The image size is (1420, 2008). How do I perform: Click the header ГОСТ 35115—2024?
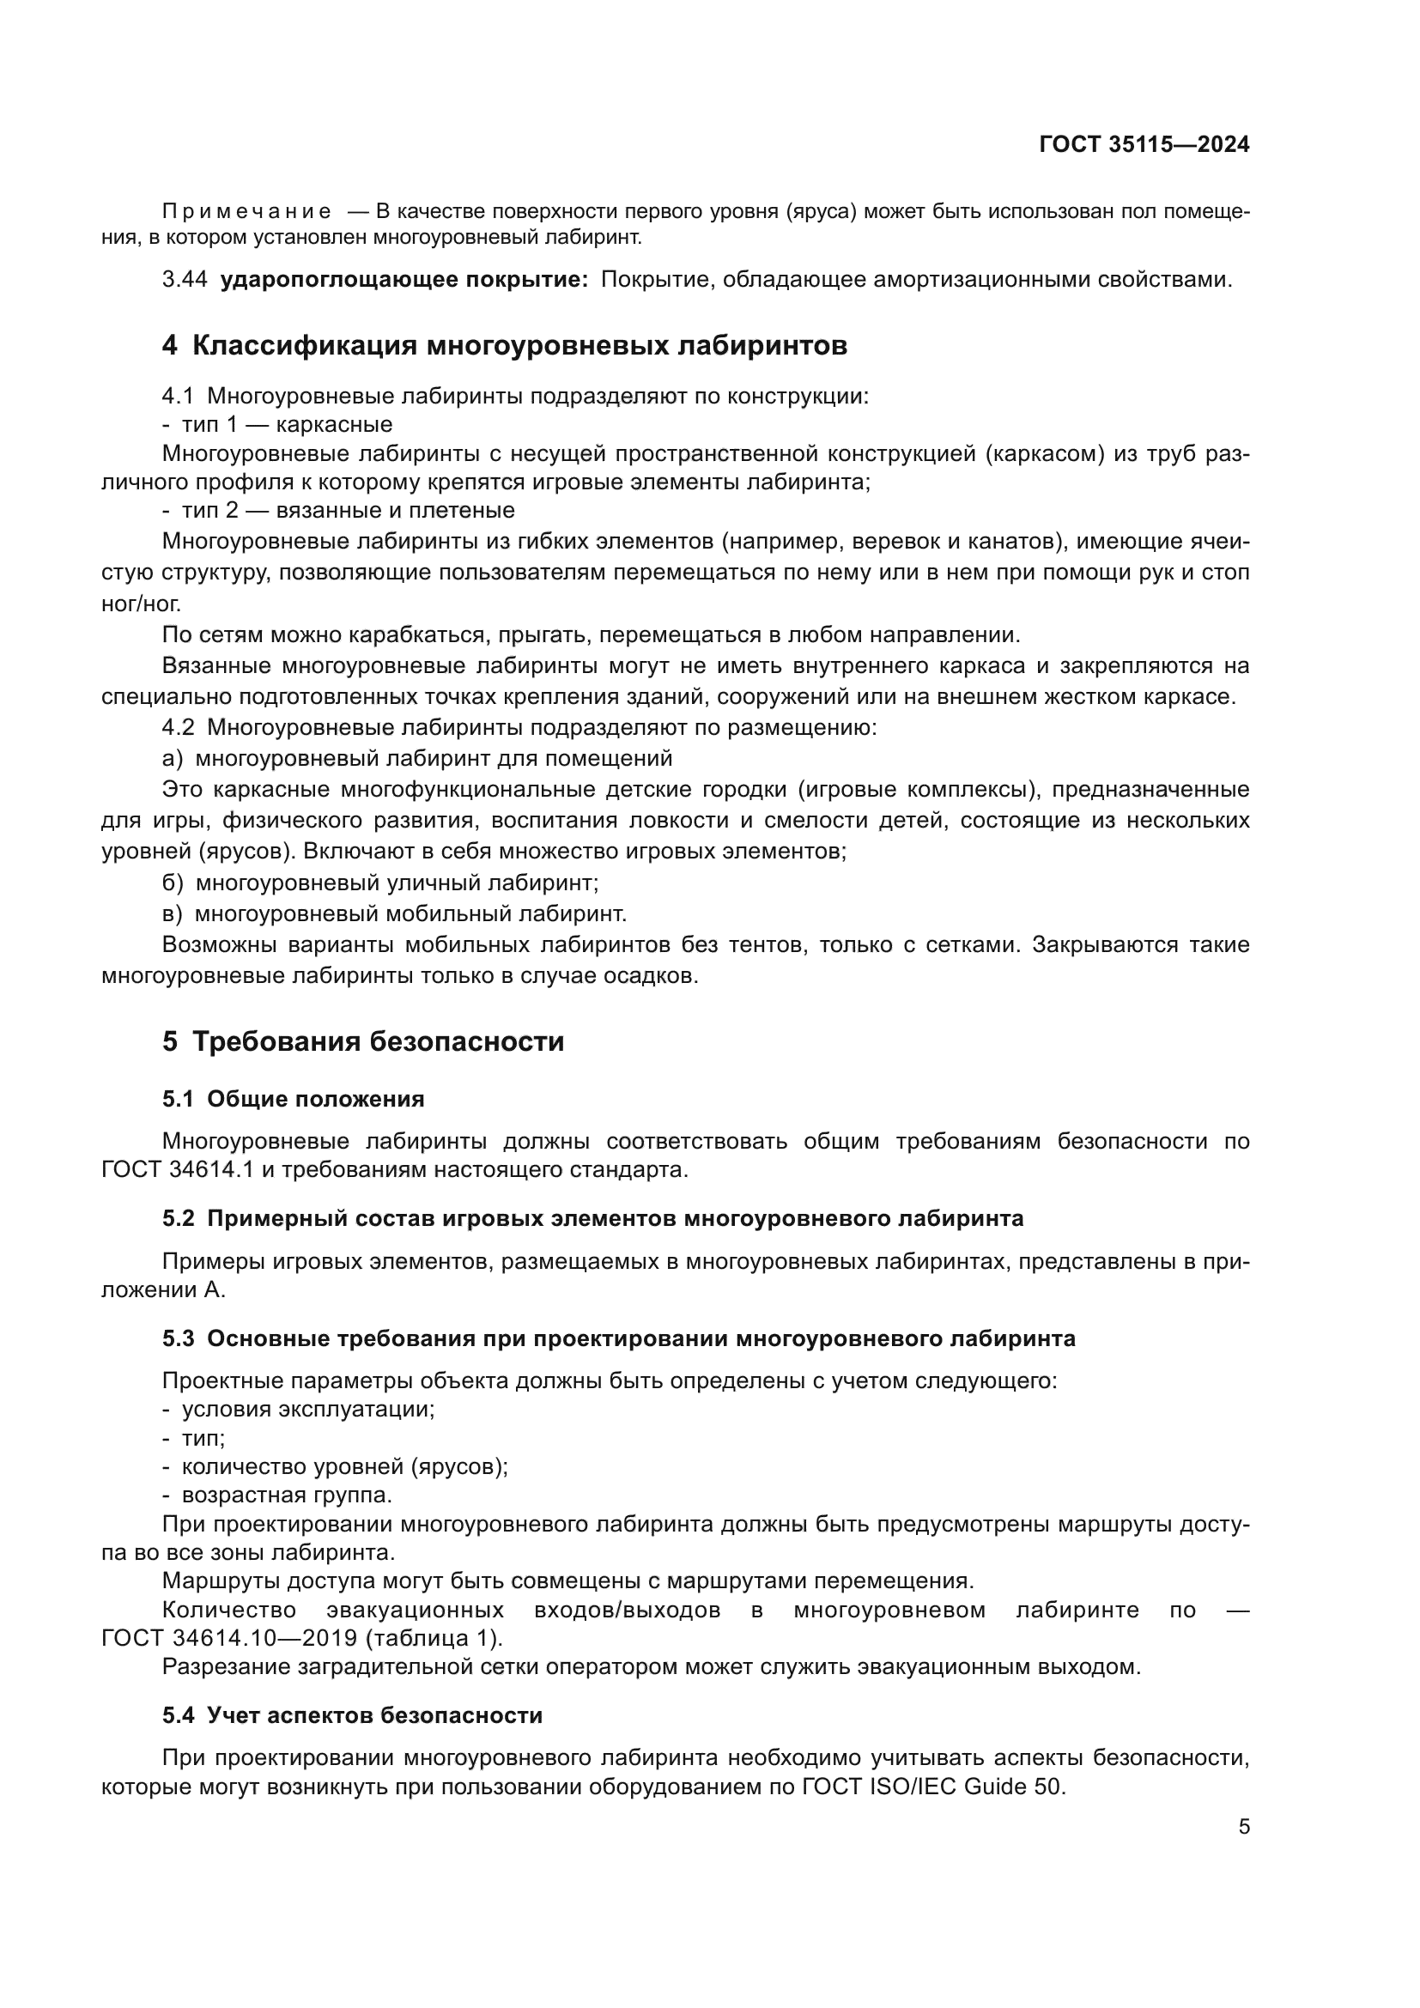point(1144,144)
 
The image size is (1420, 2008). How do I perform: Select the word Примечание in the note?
point(246,212)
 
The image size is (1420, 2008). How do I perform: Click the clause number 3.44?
point(185,280)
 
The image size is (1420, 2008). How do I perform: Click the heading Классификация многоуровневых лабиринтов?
point(519,345)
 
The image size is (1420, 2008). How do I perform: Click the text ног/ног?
point(142,604)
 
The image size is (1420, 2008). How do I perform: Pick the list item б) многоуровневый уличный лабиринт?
point(380,883)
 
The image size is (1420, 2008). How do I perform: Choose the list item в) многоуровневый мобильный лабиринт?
point(394,914)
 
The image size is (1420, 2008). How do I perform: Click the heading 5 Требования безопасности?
point(363,1041)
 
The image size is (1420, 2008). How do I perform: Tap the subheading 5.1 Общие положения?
point(293,1100)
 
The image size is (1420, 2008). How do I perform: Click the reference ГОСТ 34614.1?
point(176,1170)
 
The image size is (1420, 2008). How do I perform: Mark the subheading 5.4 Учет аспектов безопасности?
point(351,1716)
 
